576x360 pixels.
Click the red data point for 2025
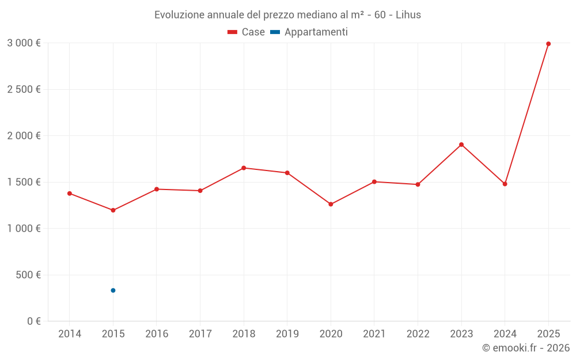[x=548, y=44]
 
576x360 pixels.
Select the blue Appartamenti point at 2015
[x=113, y=290]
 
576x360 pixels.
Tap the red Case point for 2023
[x=461, y=145]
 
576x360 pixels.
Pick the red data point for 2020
[x=331, y=204]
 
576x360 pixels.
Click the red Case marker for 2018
[x=244, y=168]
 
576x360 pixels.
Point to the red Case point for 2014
[x=70, y=194]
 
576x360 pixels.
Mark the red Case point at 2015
[x=113, y=210]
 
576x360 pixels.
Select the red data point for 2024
[x=505, y=184]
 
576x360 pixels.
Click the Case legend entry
[x=247, y=32]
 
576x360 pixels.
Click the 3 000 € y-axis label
[x=24, y=43]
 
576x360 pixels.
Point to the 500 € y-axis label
[x=28, y=275]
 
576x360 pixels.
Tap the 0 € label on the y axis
[x=34, y=321]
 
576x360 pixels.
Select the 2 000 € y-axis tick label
[x=24, y=136]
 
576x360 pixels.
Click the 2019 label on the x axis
[x=287, y=334]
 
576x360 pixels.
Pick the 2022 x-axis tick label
[x=418, y=334]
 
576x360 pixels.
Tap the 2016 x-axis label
[x=157, y=334]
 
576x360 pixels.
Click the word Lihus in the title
[x=408, y=15]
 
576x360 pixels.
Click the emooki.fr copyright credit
[x=526, y=348]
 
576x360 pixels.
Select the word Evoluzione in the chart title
[x=179, y=15]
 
